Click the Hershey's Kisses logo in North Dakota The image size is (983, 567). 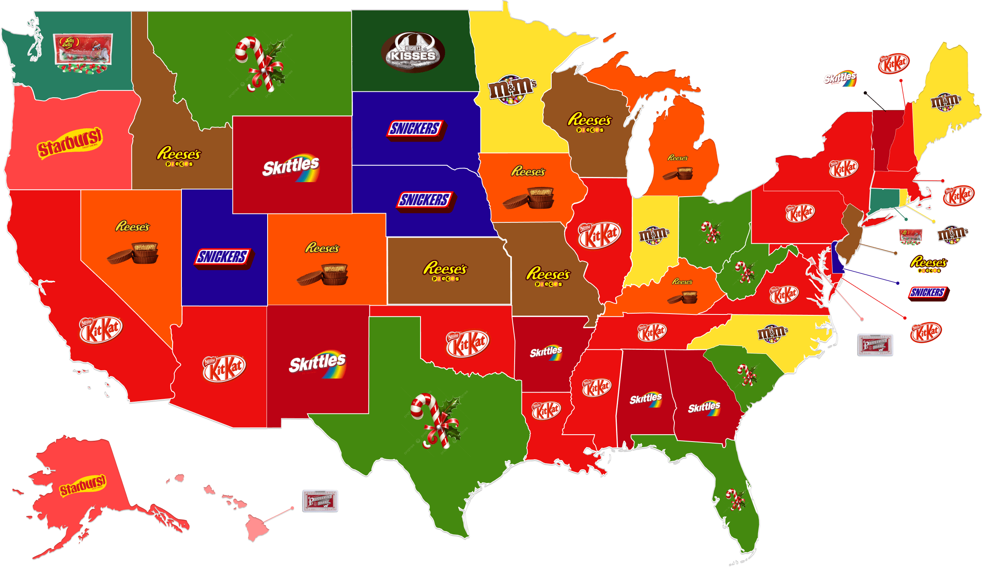click(x=413, y=53)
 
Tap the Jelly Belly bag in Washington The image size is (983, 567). click(x=83, y=53)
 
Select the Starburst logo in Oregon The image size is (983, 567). click(x=70, y=143)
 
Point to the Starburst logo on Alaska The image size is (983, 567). click(x=83, y=485)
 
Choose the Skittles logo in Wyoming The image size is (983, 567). click(x=291, y=167)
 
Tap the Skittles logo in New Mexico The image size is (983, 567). click(x=317, y=364)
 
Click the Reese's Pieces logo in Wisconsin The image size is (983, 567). click(x=589, y=121)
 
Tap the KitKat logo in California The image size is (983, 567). click(x=101, y=330)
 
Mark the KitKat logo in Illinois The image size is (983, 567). click(x=600, y=235)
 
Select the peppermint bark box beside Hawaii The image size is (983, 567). click(x=320, y=501)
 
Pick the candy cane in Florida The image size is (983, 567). click(x=736, y=500)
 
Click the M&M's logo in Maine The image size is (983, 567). click(x=946, y=101)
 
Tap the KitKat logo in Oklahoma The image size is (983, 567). click(x=468, y=343)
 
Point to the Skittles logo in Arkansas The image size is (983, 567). click(x=546, y=352)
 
